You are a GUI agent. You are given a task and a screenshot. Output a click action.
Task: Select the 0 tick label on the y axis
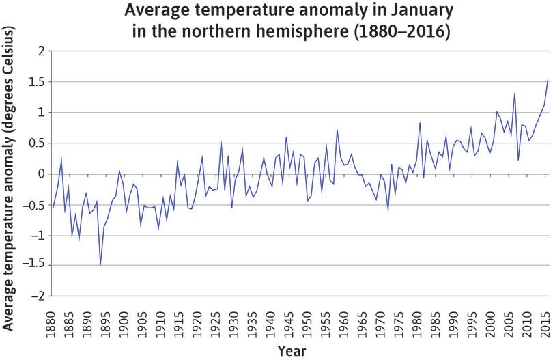41,174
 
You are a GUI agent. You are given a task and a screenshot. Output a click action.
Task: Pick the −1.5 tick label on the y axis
34,265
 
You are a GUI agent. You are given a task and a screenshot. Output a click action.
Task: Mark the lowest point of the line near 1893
100,264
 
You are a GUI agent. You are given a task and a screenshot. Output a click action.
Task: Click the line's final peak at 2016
548,80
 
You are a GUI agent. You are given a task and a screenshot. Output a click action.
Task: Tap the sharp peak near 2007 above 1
515,94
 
